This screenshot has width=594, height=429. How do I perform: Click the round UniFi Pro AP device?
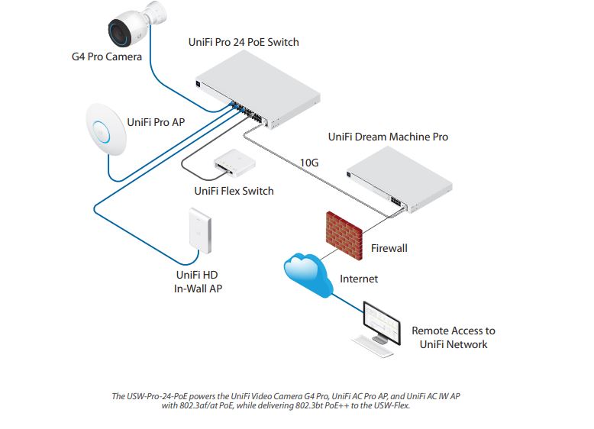(x=106, y=129)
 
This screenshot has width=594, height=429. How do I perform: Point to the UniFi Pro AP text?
(x=156, y=121)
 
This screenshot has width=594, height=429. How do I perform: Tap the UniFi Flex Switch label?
(x=234, y=191)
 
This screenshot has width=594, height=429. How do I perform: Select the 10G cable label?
(x=308, y=163)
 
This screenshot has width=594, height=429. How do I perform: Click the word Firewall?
(x=389, y=248)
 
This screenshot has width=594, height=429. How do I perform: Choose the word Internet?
(x=359, y=279)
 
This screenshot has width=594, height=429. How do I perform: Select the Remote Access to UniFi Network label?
(x=454, y=337)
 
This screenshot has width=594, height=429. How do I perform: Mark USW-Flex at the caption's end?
(x=390, y=405)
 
